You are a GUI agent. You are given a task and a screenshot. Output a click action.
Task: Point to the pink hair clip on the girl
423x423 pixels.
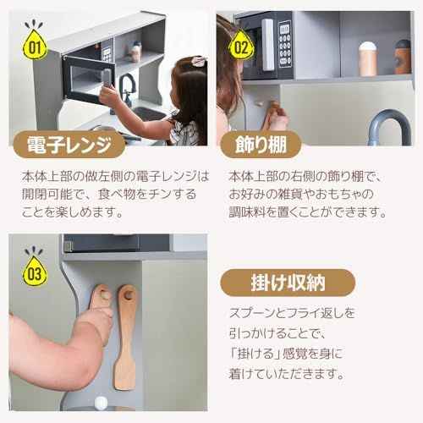click(199, 61)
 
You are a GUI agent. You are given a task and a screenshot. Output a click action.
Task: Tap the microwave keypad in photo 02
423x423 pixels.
click(284, 43)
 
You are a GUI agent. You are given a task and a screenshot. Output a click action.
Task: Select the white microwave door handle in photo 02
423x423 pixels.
click(268, 44)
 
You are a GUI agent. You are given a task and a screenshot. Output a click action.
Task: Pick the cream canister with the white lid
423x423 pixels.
click(368, 58)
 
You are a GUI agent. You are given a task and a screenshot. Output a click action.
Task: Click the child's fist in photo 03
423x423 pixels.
click(100, 321)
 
